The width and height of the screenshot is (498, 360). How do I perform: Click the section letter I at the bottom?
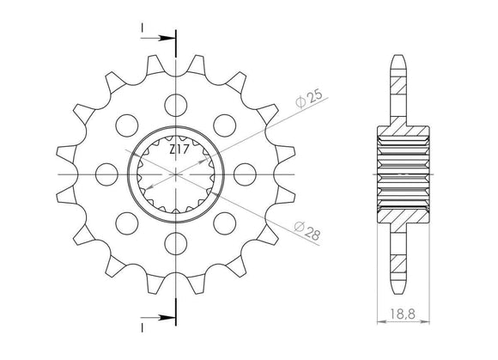(142, 326)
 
